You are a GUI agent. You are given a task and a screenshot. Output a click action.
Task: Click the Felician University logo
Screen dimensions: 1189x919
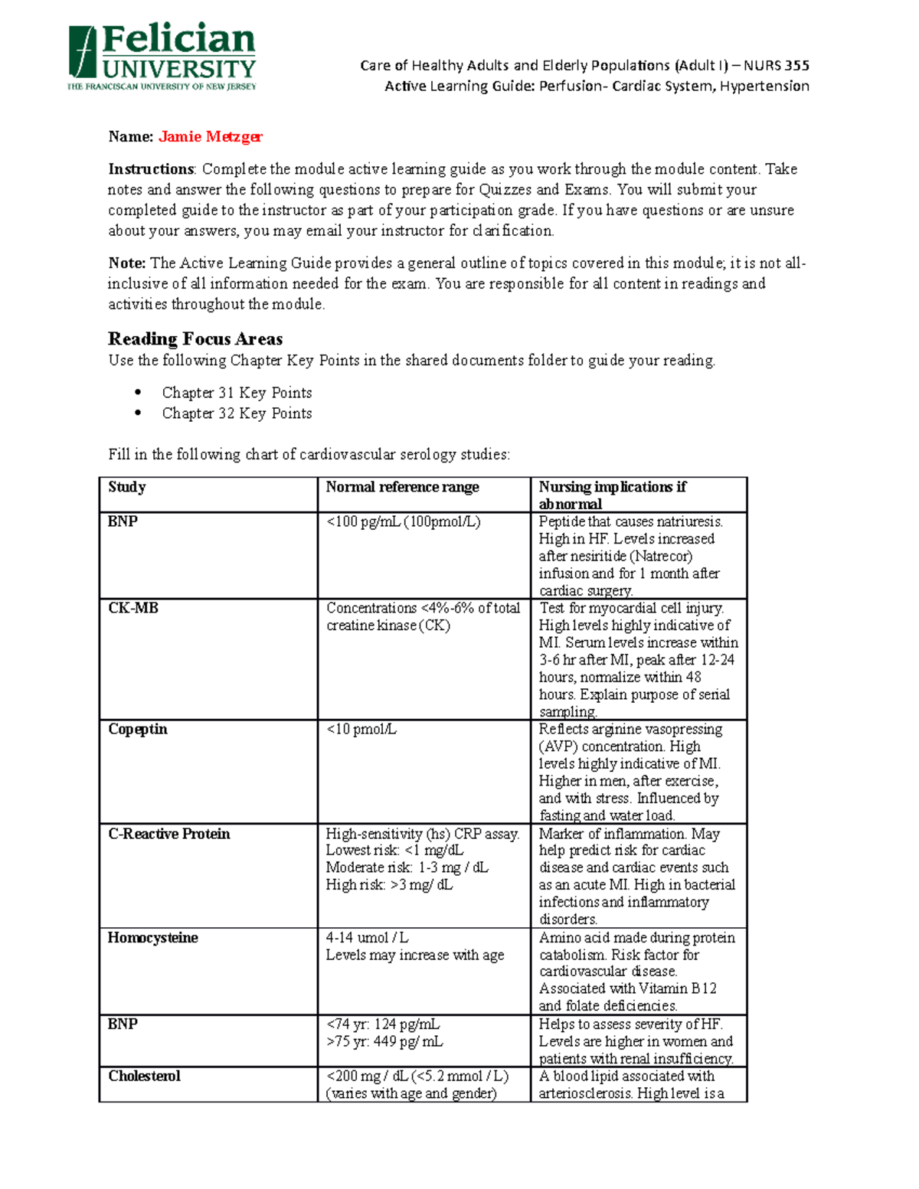[x=162, y=57]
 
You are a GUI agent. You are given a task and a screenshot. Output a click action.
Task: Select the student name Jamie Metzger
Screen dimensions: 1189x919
[x=210, y=137]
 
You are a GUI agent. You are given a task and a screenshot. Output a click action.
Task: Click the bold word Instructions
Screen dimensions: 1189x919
[x=151, y=169]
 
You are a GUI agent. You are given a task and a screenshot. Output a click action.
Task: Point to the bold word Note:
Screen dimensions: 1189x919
[x=127, y=263]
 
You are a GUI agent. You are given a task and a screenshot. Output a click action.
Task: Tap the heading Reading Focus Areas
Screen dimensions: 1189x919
[x=195, y=339]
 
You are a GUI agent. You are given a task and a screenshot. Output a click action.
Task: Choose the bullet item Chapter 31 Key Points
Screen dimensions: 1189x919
[x=237, y=393]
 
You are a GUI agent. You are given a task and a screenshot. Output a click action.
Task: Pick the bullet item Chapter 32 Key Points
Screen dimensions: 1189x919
[x=237, y=413]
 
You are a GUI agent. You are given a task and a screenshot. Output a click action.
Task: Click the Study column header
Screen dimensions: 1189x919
[x=127, y=487]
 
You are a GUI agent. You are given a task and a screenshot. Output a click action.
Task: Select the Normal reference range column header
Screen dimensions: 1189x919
[x=402, y=487]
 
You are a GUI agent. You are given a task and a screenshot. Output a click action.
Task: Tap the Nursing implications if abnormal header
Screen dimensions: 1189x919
[x=612, y=495]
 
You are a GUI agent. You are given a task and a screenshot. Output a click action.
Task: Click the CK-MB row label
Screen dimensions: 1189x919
[x=133, y=608]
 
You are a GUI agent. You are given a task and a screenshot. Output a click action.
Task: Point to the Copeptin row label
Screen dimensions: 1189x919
[x=138, y=729]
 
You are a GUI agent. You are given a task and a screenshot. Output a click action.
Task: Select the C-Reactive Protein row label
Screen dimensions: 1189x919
[x=169, y=834]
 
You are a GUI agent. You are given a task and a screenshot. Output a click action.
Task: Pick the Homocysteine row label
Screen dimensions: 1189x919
[x=152, y=938]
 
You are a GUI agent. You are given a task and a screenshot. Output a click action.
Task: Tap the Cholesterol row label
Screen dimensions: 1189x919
[x=144, y=1076]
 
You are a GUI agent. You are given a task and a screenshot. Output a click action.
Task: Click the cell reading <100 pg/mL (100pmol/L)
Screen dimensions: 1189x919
[x=403, y=522]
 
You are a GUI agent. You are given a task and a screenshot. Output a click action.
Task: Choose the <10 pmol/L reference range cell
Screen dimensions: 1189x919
[x=361, y=730]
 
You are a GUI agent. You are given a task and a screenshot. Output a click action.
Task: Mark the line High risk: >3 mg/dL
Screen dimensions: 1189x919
[x=389, y=885]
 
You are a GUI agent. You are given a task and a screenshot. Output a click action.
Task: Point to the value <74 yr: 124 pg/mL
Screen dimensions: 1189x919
[x=383, y=1024]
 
